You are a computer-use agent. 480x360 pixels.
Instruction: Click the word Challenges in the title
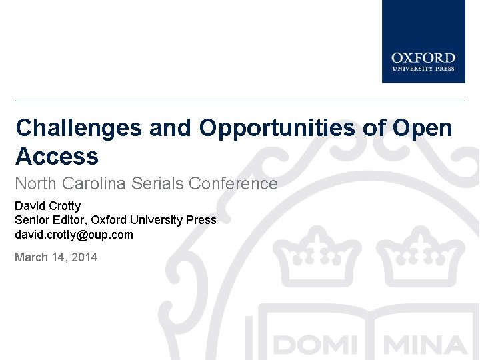point(79,127)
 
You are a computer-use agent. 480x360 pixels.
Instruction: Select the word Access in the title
point(57,157)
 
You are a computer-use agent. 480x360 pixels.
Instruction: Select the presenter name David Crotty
point(47,206)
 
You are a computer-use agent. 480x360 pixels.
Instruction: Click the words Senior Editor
point(51,220)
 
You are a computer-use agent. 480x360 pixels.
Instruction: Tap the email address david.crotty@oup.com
point(74,235)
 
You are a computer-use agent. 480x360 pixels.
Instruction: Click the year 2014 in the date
point(83,257)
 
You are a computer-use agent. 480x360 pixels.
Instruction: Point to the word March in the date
point(31,257)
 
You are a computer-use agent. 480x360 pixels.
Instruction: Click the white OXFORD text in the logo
point(423,58)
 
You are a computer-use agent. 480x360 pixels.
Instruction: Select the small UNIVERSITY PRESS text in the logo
point(423,69)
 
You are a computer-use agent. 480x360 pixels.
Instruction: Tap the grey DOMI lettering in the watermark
point(314,345)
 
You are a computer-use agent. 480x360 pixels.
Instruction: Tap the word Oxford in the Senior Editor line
point(109,220)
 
